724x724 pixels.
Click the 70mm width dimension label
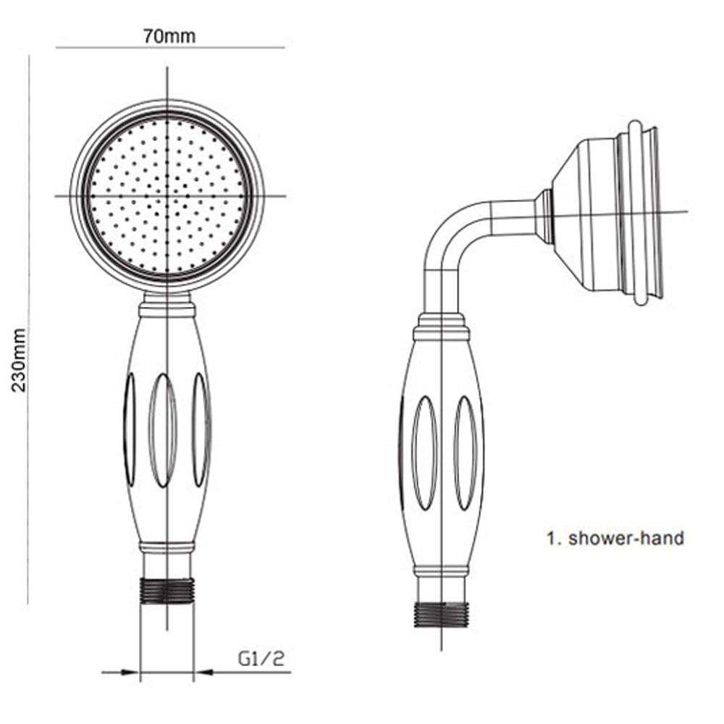coord(169,35)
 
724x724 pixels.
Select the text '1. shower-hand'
coord(615,538)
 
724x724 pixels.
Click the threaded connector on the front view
coord(167,590)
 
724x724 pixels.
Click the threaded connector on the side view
coord(441,614)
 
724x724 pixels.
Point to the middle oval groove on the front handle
coord(163,430)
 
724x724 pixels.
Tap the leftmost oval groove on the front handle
coord(130,429)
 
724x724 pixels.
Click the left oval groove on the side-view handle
coord(424,452)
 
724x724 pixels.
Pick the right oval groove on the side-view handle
coord(465,452)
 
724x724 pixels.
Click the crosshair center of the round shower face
coord(167,195)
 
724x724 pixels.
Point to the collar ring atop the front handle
coord(167,310)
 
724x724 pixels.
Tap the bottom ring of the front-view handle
coord(167,547)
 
